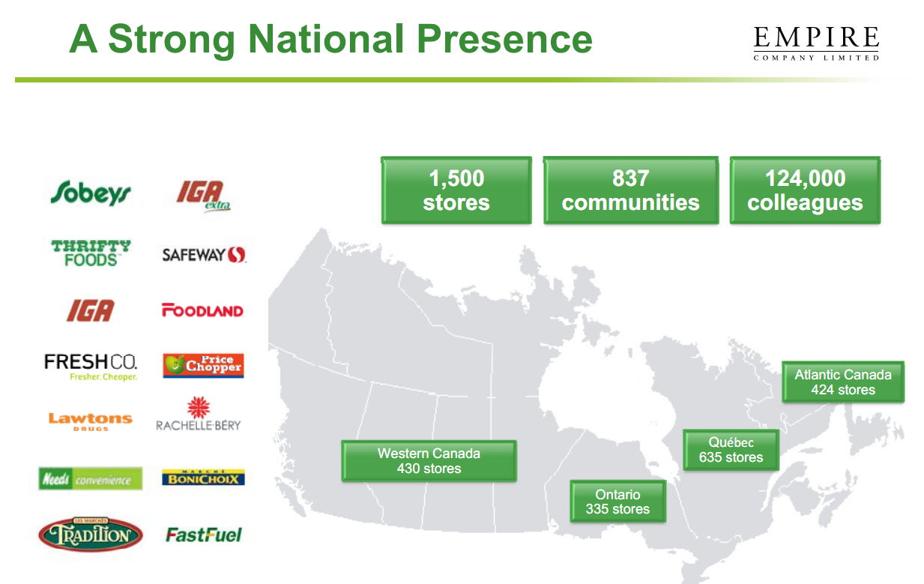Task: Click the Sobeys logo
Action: coord(90,193)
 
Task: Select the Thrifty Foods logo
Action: coord(91,253)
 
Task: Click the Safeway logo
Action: coord(204,255)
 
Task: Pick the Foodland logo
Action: coord(202,310)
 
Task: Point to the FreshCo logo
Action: coord(91,367)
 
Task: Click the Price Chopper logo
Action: coord(203,365)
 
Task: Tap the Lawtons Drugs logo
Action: coord(91,421)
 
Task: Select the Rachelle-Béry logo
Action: coord(199,415)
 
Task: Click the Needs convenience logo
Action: coord(91,478)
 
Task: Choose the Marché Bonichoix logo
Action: coord(203,478)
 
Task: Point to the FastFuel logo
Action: coord(204,535)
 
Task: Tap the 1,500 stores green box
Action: coord(456,190)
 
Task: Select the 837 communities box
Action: coord(630,190)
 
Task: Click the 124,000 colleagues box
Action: coord(805,190)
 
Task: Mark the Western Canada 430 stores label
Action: coord(429,461)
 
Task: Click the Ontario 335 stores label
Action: coord(617,502)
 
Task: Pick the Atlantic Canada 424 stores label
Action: coord(843,382)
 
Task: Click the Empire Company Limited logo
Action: coord(816,43)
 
